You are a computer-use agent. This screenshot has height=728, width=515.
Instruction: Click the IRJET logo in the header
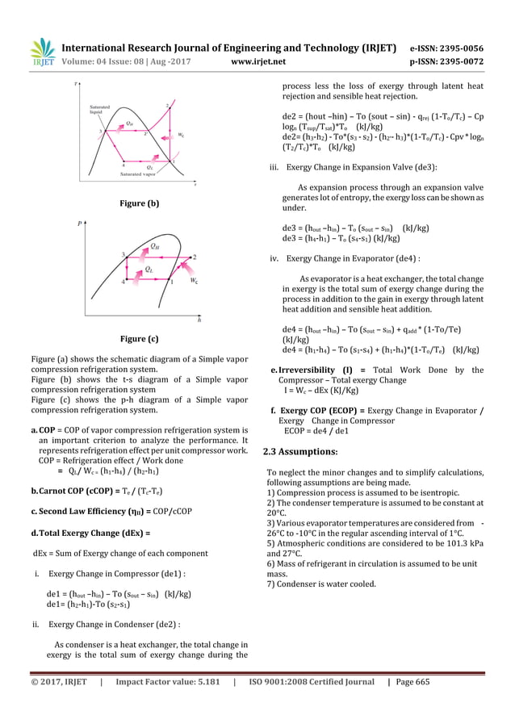tap(43, 52)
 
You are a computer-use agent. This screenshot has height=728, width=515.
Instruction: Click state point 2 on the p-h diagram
tap(194, 257)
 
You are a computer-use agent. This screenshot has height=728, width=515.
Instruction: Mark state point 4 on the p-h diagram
tap(124, 282)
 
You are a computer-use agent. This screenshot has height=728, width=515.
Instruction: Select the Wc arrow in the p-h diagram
tap(187, 270)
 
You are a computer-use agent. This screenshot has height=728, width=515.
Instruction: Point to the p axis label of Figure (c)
tap(78, 217)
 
